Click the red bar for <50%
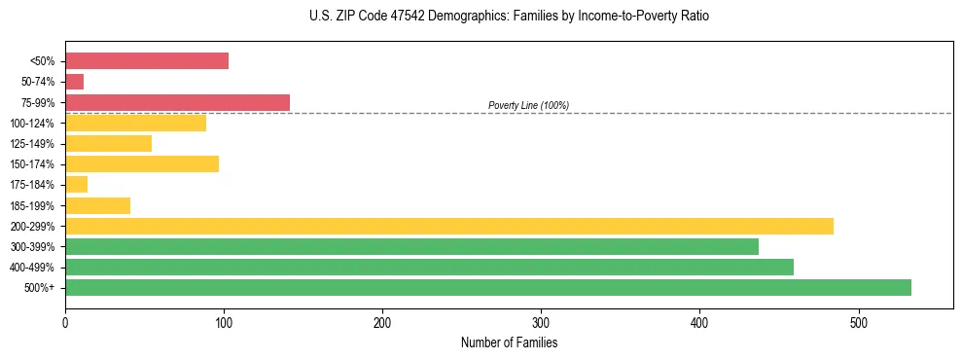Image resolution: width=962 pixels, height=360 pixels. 147,61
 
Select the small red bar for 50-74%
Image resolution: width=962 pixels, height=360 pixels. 74,82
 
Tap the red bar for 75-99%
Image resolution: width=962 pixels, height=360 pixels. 177,102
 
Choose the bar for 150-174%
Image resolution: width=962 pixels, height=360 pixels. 142,163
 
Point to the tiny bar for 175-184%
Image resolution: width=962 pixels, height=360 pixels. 76,185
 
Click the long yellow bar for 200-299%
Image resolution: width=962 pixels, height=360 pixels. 448,226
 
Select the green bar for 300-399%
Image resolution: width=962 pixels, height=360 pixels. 411,246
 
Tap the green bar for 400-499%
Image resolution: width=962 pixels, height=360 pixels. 429,267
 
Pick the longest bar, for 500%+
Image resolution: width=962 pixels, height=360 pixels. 487,287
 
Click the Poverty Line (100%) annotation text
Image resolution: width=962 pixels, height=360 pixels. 528,105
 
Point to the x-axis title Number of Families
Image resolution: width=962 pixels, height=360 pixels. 509,343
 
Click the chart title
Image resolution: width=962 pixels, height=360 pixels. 510,17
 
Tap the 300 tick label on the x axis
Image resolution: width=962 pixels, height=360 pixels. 541,323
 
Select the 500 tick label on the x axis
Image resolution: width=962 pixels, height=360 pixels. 858,323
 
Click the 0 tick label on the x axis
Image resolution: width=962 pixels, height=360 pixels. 65,323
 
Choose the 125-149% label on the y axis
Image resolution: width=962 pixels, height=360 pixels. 32,144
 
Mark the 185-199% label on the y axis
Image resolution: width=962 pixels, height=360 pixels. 32,206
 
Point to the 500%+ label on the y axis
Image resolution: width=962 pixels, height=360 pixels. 40,288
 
